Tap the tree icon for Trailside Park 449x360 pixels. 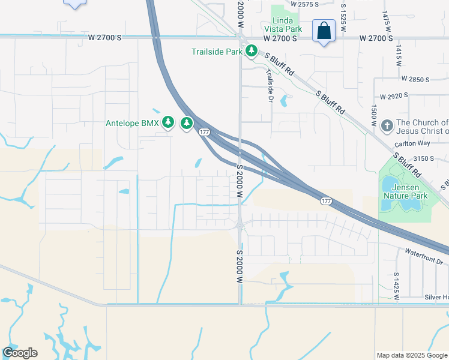point(252,52)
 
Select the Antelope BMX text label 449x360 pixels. point(132,124)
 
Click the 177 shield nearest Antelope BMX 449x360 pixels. point(204,131)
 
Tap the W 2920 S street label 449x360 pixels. point(394,95)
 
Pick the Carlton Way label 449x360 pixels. point(414,143)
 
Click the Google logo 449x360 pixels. point(20,353)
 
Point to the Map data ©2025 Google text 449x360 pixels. point(412,355)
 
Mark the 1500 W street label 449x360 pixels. point(373,115)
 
